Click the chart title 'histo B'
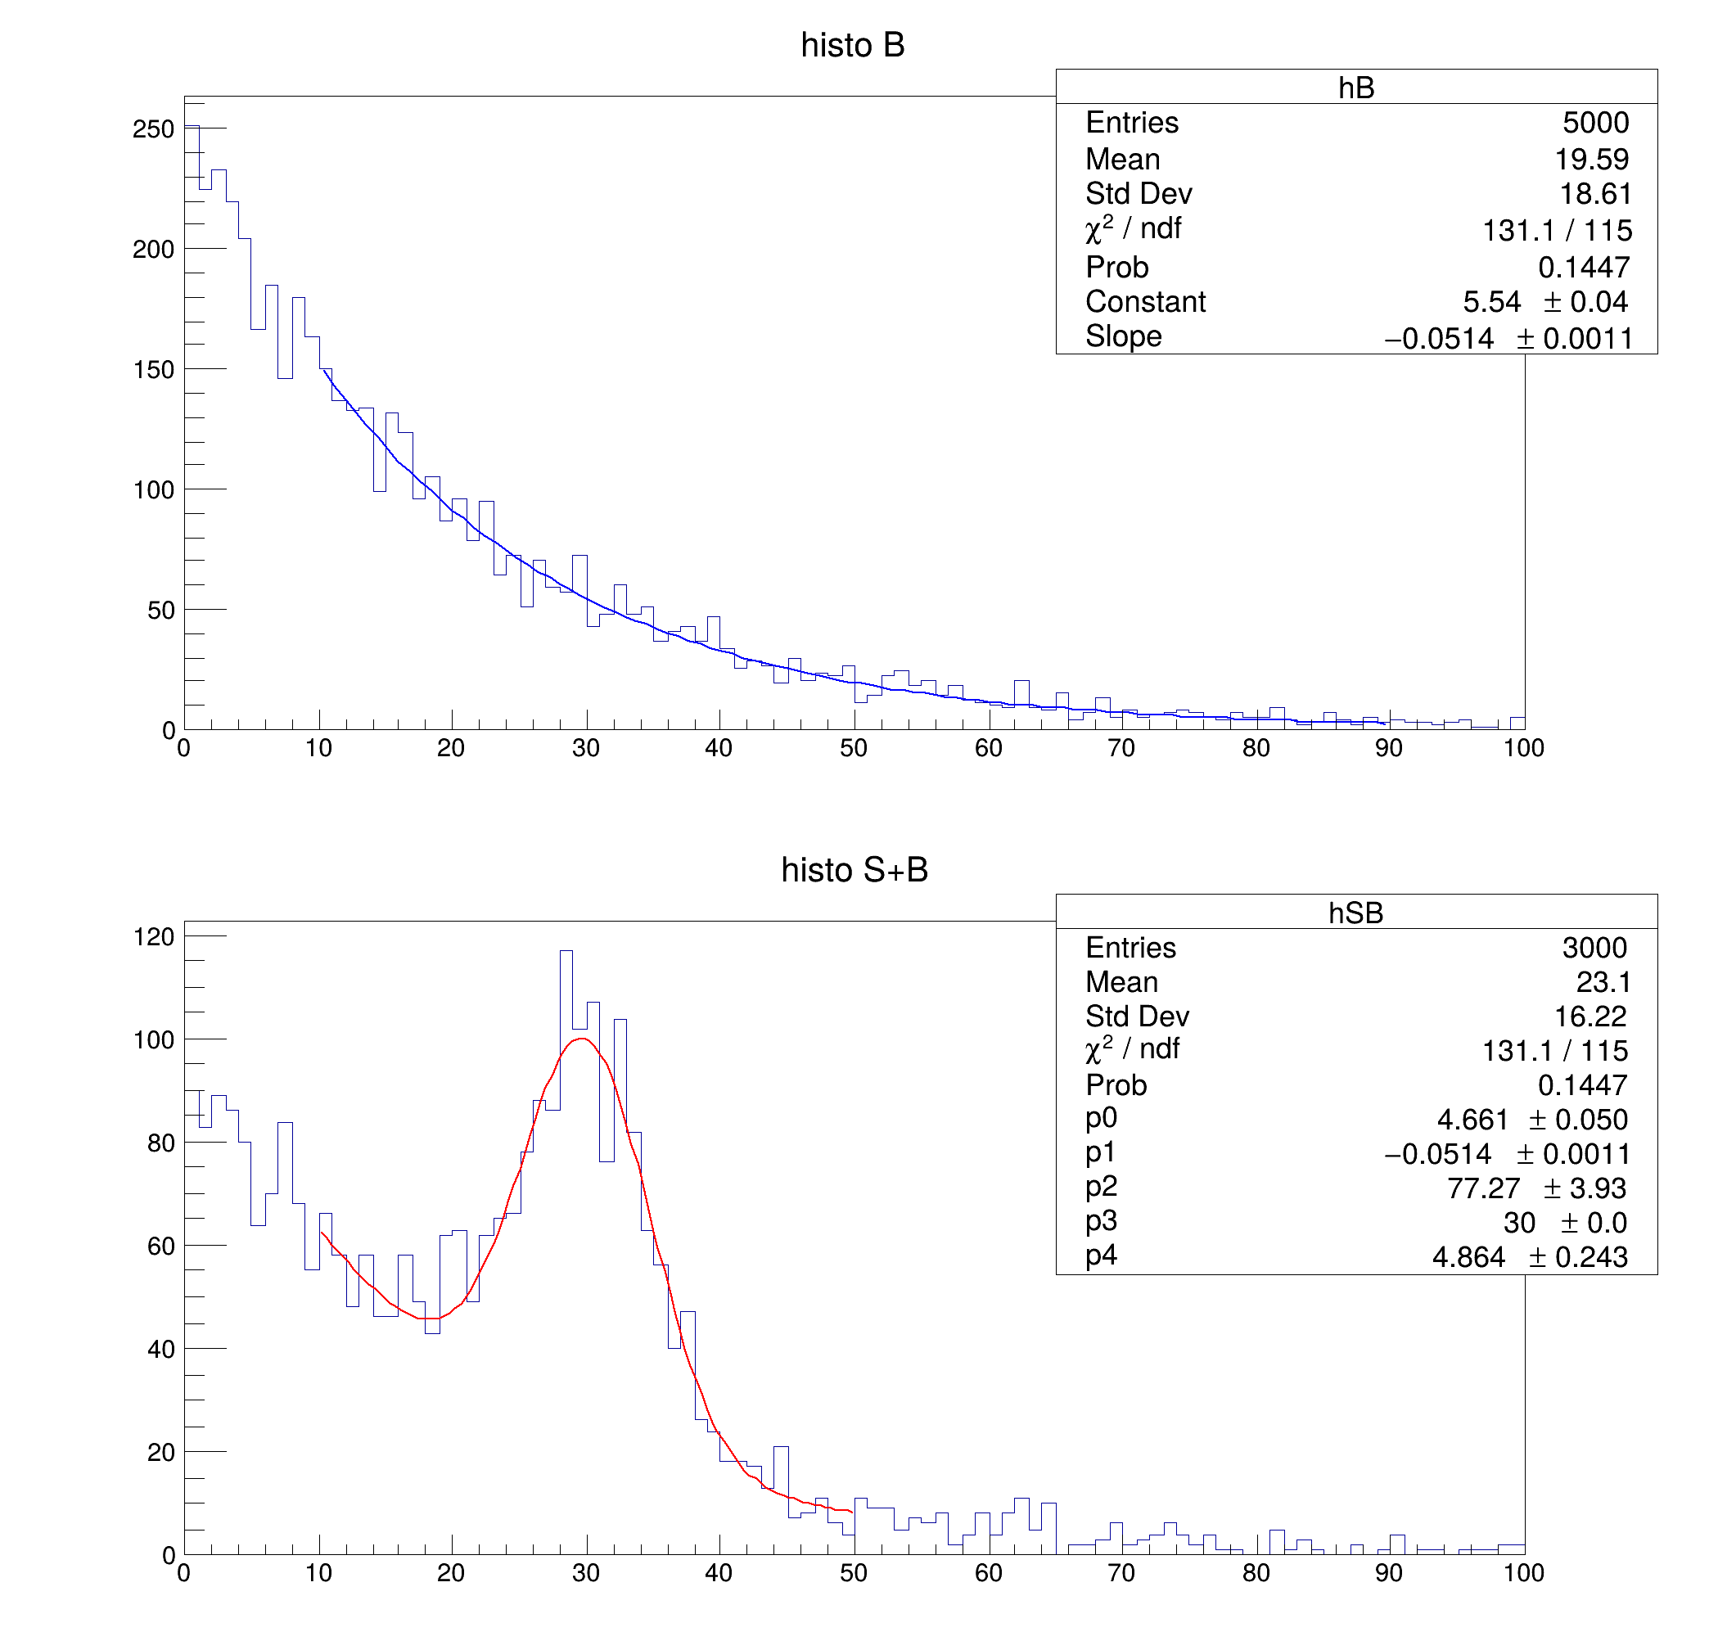[x=852, y=45]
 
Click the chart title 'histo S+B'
[x=854, y=869]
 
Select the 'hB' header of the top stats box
[x=1356, y=88]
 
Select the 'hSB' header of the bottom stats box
[x=1356, y=913]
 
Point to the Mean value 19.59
[x=1591, y=160]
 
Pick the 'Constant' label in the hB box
[x=1145, y=302]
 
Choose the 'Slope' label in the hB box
[x=1123, y=336]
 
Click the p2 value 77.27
[x=1483, y=1188]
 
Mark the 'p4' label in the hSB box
[x=1101, y=1256]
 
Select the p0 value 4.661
[x=1472, y=1120]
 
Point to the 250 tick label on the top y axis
[x=153, y=129]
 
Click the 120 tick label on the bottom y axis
[x=153, y=937]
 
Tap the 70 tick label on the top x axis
[x=1121, y=748]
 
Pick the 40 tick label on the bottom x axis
[x=719, y=1573]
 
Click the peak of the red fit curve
[x=582, y=1039]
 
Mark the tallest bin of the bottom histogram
[x=566, y=953]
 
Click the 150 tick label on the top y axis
[x=153, y=370]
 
